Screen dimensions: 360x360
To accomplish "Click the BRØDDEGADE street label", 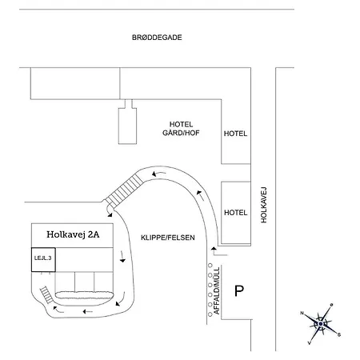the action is [157, 38].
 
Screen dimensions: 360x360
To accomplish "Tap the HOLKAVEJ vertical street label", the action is [264, 205].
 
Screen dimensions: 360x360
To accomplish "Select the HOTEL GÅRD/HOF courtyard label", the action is [181, 129].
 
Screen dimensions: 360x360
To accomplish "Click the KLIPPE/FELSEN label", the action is [168, 238].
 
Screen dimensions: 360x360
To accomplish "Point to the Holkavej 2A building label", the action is [73, 234].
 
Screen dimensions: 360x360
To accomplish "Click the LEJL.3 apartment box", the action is [43, 260].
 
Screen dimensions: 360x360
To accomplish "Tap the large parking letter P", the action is [239, 291].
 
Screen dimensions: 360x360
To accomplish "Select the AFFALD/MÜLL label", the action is [217, 290].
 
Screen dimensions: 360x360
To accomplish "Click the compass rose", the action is [321, 324].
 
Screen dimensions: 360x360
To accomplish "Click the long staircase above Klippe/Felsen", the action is [124, 190].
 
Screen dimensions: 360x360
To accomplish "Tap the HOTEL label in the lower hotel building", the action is [235, 213].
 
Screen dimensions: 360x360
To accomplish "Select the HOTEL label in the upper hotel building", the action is [235, 134].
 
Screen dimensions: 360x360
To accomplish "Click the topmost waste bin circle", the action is [210, 266].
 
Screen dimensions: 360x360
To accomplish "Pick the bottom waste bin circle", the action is [210, 314].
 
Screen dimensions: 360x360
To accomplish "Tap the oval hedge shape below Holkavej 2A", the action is [85, 295].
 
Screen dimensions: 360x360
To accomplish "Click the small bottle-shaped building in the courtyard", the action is [127, 122].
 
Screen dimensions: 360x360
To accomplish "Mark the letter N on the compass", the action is [302, 313].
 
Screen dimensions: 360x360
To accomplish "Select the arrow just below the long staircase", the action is [110, 214].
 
